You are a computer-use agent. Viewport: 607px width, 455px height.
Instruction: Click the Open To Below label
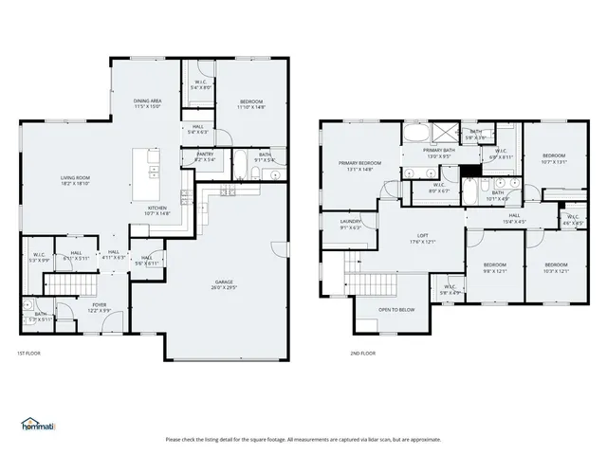(395, 310)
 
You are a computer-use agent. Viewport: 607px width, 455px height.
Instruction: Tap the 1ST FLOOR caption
(28, 354)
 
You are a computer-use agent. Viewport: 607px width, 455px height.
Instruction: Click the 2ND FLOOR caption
(362, 354)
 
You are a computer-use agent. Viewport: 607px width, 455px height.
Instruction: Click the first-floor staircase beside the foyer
(72, 283)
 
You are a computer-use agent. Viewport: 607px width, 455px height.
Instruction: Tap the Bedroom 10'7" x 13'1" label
(553, 158)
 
